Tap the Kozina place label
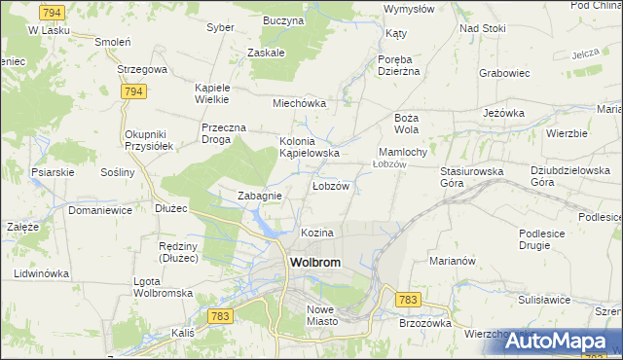pyautogui.click(x=317, y=234)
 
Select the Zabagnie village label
pyautogui.click(x=260, y=196)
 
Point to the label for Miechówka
pyautogui.click(x=299, y=103)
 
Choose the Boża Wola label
pyautogui.click(x=406, y=123)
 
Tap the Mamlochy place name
pyautogui.click(x=402, y=153)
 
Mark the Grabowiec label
pyautogui.click(x=503, y=72)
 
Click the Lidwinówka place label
pyautogui.click(x=42, y=273)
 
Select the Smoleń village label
pyautogui.click(x=112, y=43)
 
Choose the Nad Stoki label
pyautogui.click(x=483, y=28)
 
